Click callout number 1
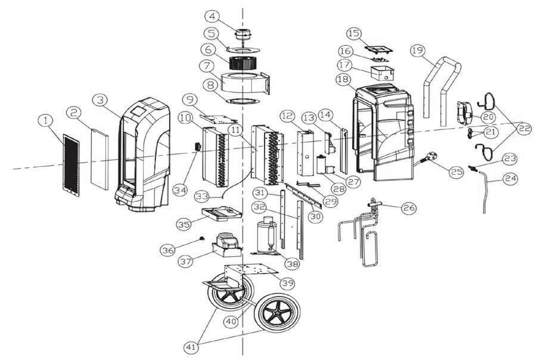44,120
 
